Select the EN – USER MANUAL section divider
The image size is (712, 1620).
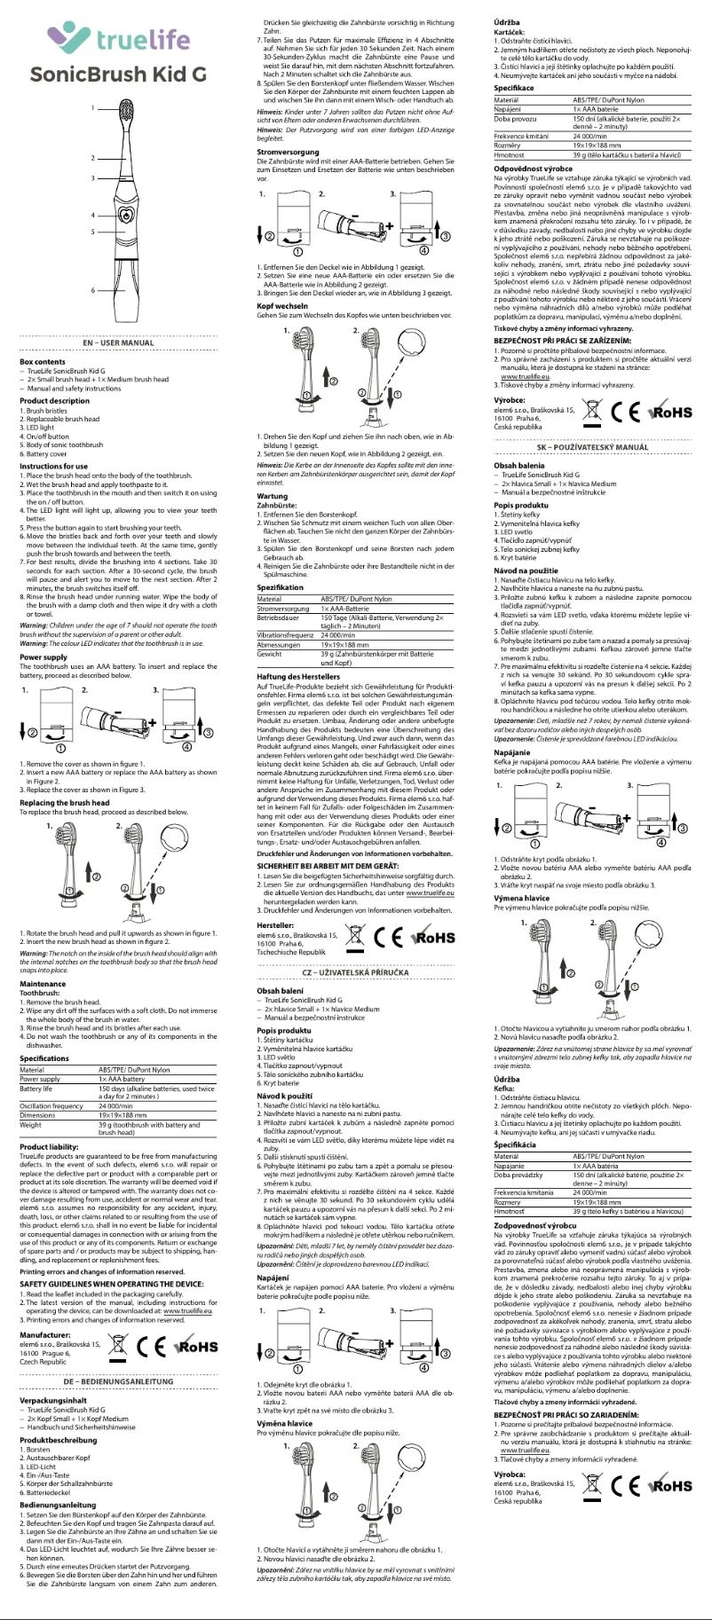click(x=118, y=342)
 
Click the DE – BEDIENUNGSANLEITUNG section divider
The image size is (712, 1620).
click(x=118, y=1381)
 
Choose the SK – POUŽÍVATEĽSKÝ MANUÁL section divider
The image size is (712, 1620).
click(x=593, y=447)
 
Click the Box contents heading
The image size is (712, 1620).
click(x=43, y=361)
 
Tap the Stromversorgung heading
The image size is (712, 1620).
click(x=281, y=152)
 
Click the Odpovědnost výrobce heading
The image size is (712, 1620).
click(x=533, y=168)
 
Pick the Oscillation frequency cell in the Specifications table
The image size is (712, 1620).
click(x=51, y=1105)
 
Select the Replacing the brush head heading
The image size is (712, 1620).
click(x=65, y=803)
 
